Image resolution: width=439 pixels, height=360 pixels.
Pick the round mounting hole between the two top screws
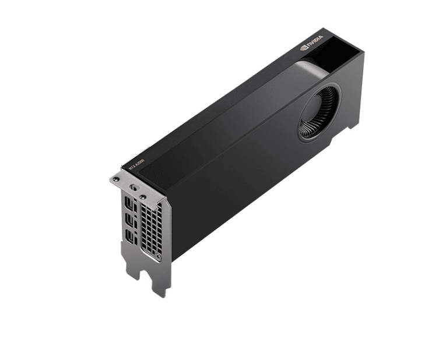tap(134, 188)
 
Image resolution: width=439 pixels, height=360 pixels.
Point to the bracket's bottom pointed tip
tap(163, 294)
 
